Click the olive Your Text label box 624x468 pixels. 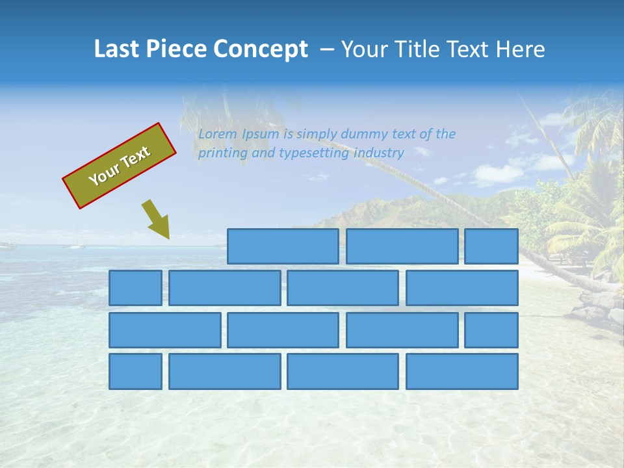pyautogui.click(x=119, y=166)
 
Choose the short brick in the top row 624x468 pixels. pyautogui.click(x=491, y=246)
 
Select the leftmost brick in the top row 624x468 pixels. pyautogui.click(x=283, y=246)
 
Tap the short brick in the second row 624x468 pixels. pyautogui.click(x=135, y=288)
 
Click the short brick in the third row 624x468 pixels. pyautogui.click(x=491, y=330)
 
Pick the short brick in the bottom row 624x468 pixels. pyautogui.click(x=135, y=372)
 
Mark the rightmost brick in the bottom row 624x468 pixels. pyautogui.click(x=461, y=372)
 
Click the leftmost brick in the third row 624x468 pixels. pyautogui.click(x=164, y=330)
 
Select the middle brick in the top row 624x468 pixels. pyautogui.click(x=402, y=246)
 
